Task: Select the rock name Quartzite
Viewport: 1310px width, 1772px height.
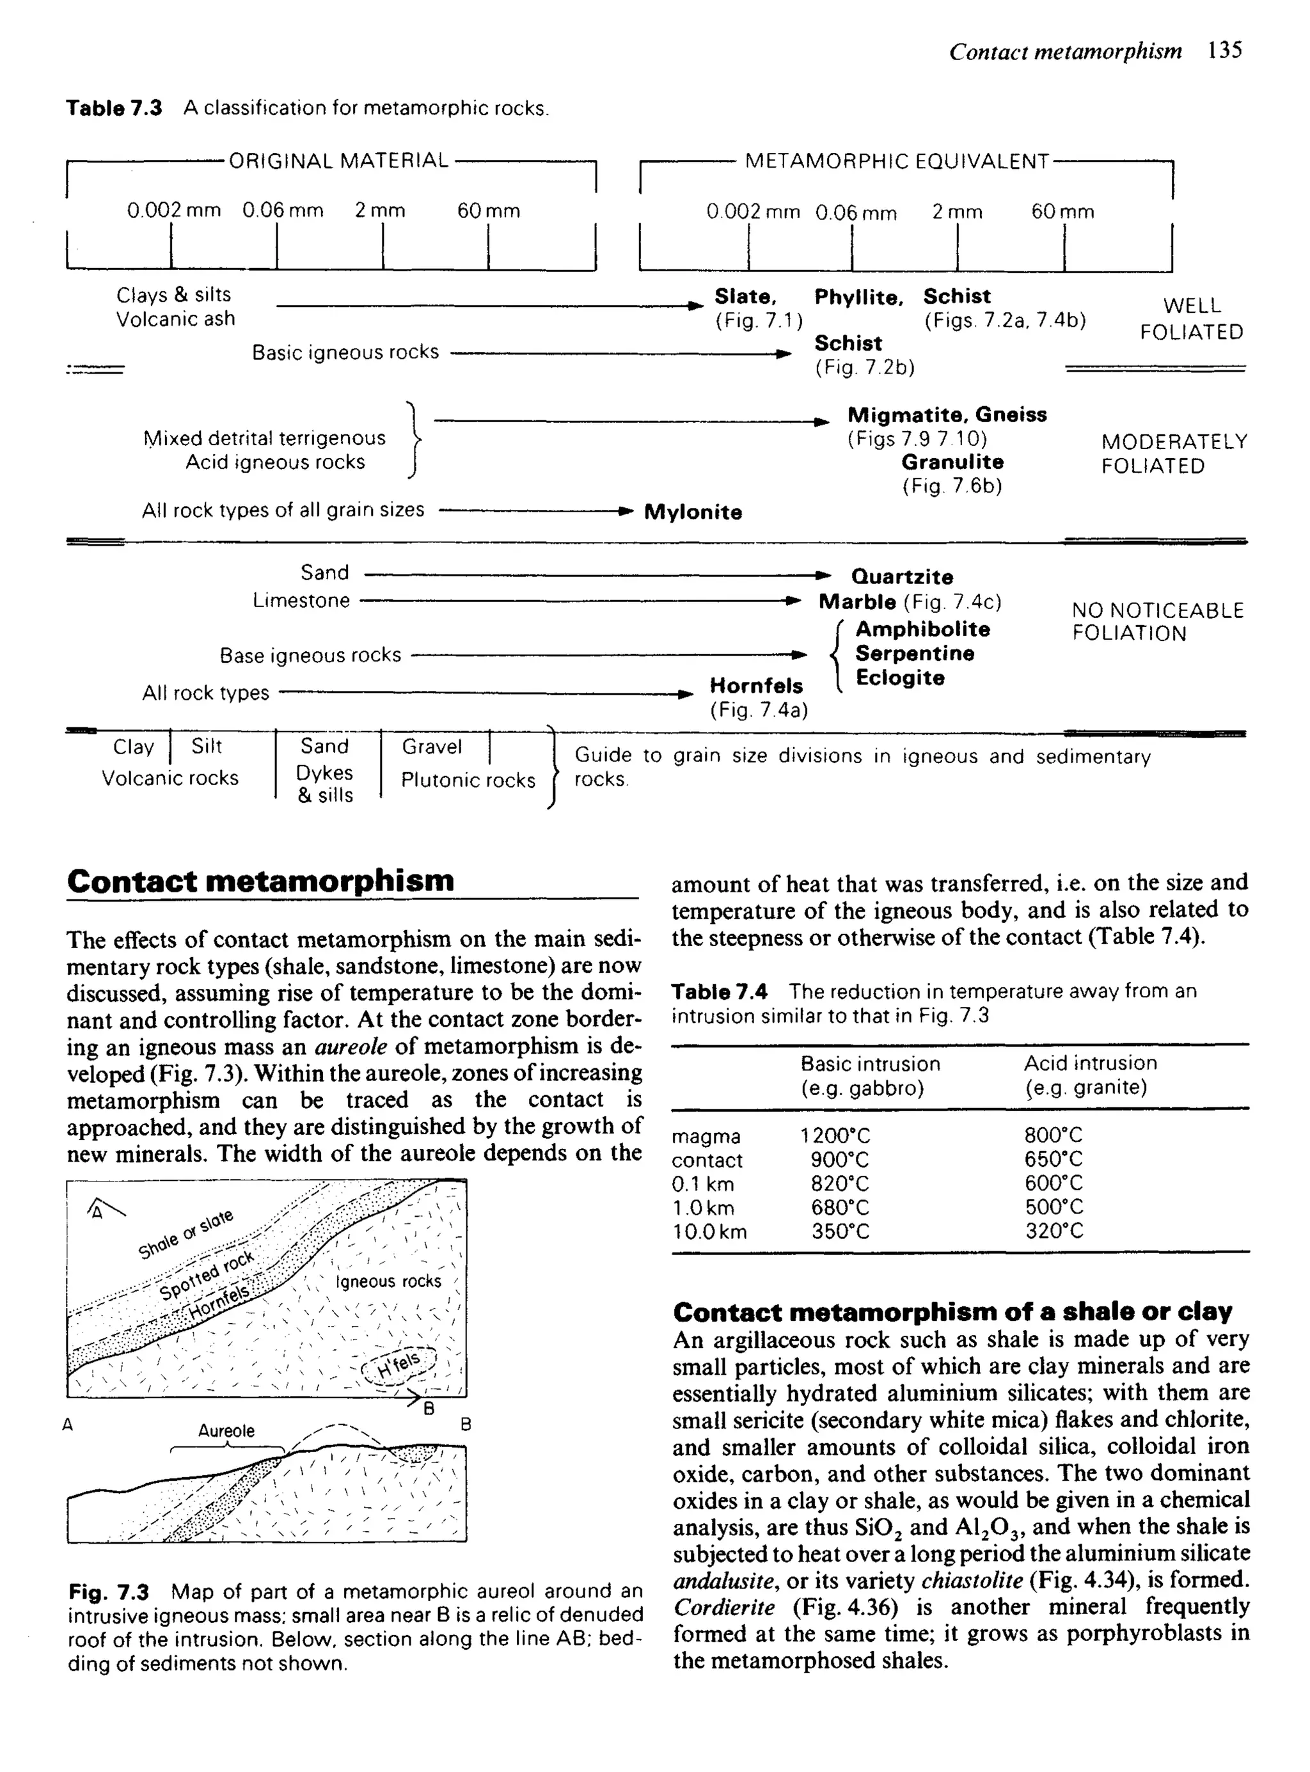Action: pos(902,576)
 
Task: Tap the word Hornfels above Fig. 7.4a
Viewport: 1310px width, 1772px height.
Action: pos(755,685)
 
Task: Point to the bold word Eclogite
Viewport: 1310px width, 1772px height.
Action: pos(899,678)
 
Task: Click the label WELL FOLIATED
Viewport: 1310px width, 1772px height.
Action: pos(1191,319)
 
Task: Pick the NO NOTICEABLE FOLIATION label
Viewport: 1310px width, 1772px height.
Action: pos(1157,622)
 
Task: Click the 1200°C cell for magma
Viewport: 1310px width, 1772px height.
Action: pos(835,1136)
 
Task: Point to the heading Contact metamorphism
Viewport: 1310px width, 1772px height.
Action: pos(260,881)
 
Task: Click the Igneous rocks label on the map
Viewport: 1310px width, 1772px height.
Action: pos(388,1281)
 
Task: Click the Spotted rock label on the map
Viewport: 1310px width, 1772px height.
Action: pos(206,1276)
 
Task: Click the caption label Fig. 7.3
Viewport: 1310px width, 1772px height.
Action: pos(109,1592)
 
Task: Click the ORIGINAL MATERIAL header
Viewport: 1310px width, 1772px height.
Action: pos(338,161)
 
